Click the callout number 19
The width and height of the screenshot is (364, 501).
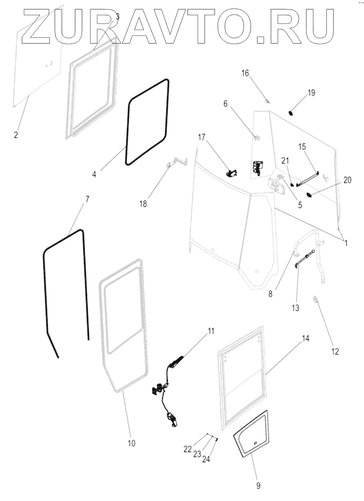pyautogui.click(x=311, y=93)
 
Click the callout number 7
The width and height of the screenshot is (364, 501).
pyautogui.click(x=87, y=199)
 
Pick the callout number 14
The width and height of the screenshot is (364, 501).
pyautogui.click(x=306, y=338)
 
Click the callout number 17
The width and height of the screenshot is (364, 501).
pyautogui.click(x=202, y=137)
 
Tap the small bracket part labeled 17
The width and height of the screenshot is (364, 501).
pyautogui.click(x=232, y=172)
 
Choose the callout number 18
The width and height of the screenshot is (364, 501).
pyautogui.click(x=143, y=204)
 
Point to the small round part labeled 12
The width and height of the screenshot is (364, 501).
pyautogui.click(x=315, y=299)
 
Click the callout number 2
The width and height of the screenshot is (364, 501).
pyautogui.click(x=16, y=135)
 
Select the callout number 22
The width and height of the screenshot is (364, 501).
pyautogui.click(x=188, y=448)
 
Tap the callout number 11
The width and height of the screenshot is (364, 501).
pyautogui.click(x=211, y=331)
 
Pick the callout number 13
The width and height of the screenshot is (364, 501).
pyautogui.click(x=295, y=308)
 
